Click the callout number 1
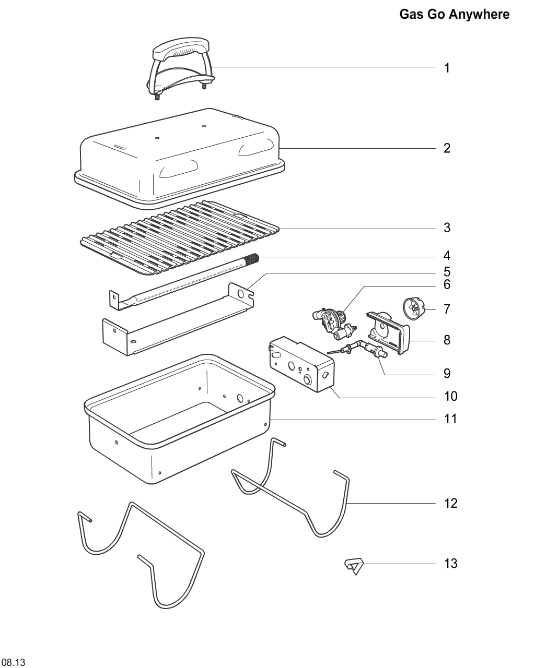[x=447, y=68]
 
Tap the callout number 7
[x=447, y=309]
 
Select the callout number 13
[x=450, y=564]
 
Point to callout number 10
[x=450, y=396]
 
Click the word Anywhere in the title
[x=479, y=14]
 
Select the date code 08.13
[x=13, y=663]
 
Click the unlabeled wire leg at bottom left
[x=141, y=553]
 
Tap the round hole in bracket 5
[x=240, y=293]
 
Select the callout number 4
[x=447, y=256]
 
